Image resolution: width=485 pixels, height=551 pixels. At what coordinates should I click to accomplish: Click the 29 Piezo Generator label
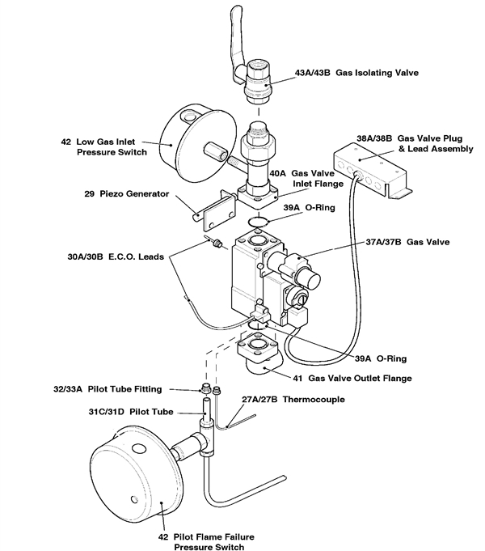click(126, 194)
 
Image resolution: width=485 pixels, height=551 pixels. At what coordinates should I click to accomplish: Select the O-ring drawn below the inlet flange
click(257, 221)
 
